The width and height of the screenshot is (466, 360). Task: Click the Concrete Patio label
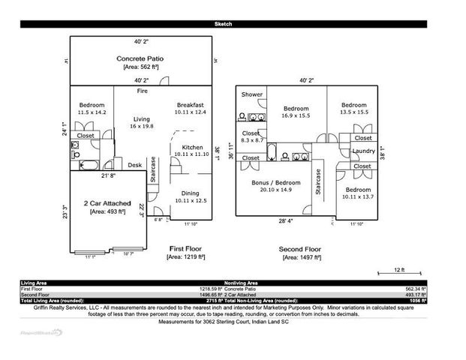click(x=140, y=58)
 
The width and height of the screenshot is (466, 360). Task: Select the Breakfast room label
click(x=190, y=104)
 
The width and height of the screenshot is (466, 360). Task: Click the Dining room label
click(x=189, y=193)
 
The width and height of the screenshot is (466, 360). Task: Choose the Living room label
click(x=141, y=119)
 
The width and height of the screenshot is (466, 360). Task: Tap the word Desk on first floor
click(x=135, y=165)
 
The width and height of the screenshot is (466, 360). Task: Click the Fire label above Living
click(x=142, y=91)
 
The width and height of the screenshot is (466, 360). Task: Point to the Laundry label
click(x=363, y=151)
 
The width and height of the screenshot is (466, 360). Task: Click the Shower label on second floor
click(x=252, y=94)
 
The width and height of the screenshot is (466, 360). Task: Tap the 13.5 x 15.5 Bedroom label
click(x=353, y=105)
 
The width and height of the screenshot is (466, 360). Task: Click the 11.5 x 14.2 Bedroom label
click(x=92, y=105)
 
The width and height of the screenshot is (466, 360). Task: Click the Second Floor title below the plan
click(x=301, y=247)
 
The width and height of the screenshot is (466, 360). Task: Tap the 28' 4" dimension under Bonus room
click(x=286, y=221)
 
